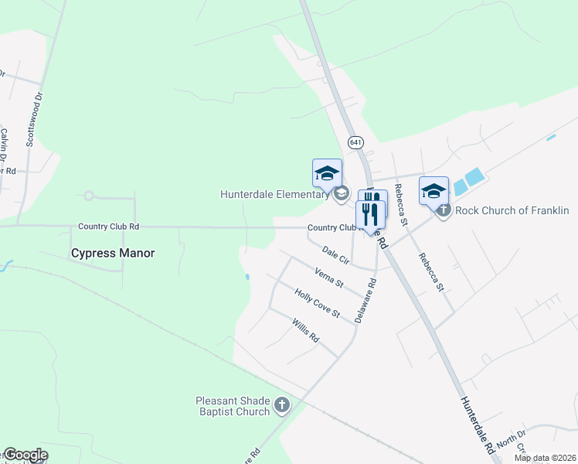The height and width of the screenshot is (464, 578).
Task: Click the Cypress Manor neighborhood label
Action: (113, 253)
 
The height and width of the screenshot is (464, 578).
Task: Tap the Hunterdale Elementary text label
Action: (274, 194)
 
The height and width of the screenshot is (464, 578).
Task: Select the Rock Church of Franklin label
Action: (512, 210)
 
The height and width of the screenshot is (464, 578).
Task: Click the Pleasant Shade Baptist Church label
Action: (233, 405)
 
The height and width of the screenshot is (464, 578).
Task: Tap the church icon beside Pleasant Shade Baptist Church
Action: (283, 404)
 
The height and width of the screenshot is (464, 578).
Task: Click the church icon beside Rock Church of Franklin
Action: (444, 210)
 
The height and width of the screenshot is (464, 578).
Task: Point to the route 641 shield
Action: (355, 142)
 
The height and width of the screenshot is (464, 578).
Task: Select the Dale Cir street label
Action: (336, 254)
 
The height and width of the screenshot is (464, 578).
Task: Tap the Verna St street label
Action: (328, 277)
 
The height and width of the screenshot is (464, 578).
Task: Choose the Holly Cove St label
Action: (317, 302)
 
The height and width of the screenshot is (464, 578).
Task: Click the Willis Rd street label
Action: (305, 330)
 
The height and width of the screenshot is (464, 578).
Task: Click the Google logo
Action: (25, 455)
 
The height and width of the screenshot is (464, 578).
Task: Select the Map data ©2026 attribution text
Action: (545, 458)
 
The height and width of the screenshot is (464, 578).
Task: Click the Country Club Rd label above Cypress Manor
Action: (108, 227)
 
